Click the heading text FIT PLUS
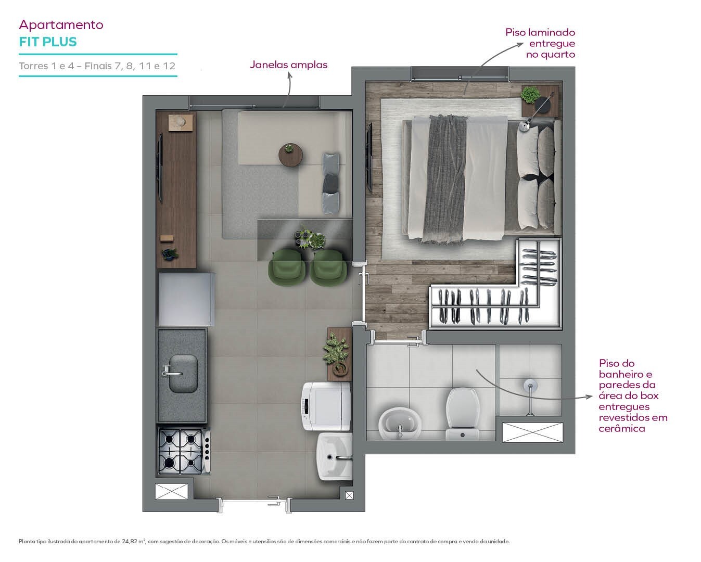click(x=48, y=42)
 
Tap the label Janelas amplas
click(x=288, y=65)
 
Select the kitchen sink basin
click(x=183, y=373)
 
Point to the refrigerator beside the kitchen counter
click(x=186, y=299)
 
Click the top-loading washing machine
click(x=326, y=406)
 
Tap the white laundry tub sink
click(x=335, y=456)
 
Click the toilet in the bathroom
click(x=462, y=414)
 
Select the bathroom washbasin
click(x=400, y=423)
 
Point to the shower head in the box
click(x=530, y=386)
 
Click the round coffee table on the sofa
click(x=290, y=155)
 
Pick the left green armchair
click(x=287, y=267)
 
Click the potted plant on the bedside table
click(x=530, y=95)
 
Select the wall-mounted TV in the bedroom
click(x=369, y=157)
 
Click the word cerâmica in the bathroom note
click(x=622, y=428)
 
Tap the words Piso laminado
click(x=540, y=32)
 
